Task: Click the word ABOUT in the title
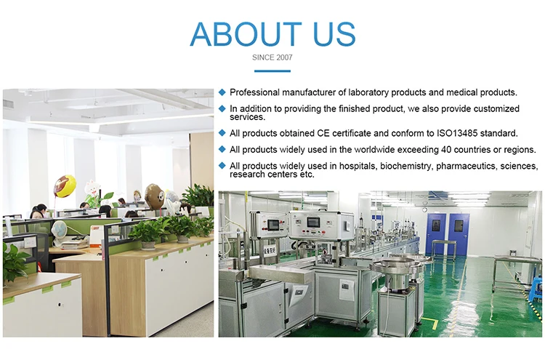[x=246, y=34]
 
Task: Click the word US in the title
[x=331, y=34]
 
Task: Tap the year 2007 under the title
[x=283, y=57]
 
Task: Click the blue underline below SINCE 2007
[x=272, y=71]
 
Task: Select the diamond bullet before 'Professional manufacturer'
[x=222, y=92]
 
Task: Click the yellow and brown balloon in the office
[x=65, y=185]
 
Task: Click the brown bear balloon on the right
[x=154, y=195]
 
